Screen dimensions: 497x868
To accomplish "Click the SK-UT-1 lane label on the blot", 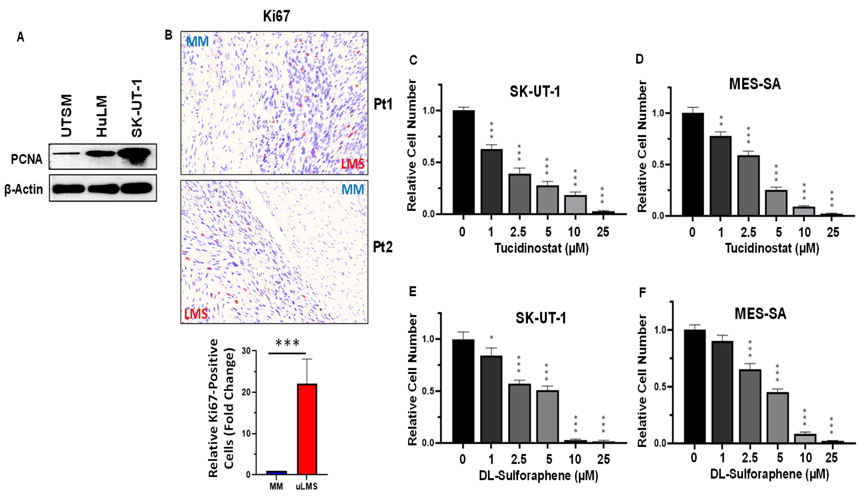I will (x=137, y=109).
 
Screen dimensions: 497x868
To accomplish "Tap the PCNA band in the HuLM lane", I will (x=101, y=154).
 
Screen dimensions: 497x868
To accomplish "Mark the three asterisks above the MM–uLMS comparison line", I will (x=287, y=343).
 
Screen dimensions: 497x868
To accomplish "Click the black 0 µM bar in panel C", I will (x=464, y=162).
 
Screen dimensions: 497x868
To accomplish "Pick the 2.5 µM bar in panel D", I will (x=748, y=186).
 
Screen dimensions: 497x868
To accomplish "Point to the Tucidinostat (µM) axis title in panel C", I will (x=542, y=248).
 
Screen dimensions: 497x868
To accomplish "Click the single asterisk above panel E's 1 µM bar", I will (x=491, y=338).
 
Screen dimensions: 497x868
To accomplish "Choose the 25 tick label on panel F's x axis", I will (x=831, y=457).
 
